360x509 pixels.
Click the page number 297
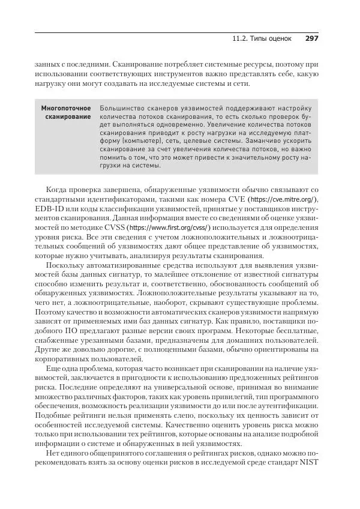click(311, 38)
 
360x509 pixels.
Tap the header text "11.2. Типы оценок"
click(262, 38)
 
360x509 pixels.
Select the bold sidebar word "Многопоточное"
click(66, 108)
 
